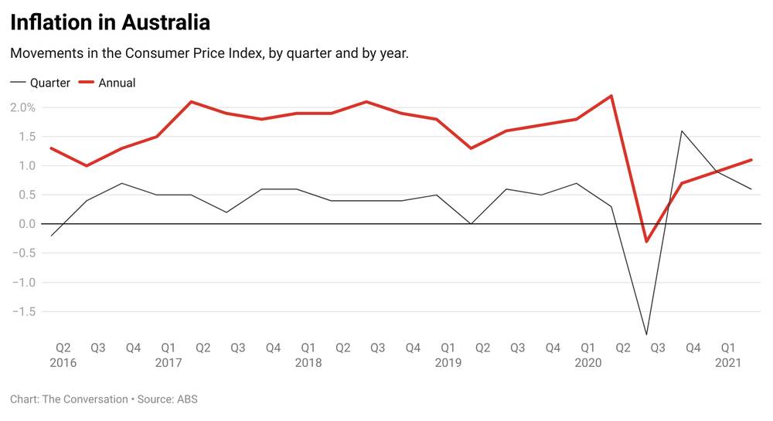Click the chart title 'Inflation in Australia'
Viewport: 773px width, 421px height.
pos(110,22)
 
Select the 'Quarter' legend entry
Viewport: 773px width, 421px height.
pos(49,83)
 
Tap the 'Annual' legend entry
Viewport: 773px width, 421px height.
pos(117,83)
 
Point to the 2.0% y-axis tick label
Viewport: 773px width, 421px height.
pos(23,107)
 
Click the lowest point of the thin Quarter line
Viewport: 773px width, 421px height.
pos(646,334)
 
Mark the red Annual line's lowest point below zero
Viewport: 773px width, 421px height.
pos(646,242)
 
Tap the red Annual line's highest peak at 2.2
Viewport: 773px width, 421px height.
pos(611,96)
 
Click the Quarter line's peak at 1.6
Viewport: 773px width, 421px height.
pos(682,131)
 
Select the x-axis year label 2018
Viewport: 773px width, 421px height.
pos(308,362)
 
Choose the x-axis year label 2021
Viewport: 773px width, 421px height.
pos(727,362)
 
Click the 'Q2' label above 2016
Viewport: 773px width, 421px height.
pos(63,348)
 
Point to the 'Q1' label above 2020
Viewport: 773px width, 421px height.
pos(587,348)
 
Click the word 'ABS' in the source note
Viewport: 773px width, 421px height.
pos(187,399)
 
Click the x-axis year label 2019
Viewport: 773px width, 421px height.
pos(448,362)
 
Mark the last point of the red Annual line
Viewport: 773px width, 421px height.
pos(751,160)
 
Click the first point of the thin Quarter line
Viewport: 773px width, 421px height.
pos(51,236)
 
